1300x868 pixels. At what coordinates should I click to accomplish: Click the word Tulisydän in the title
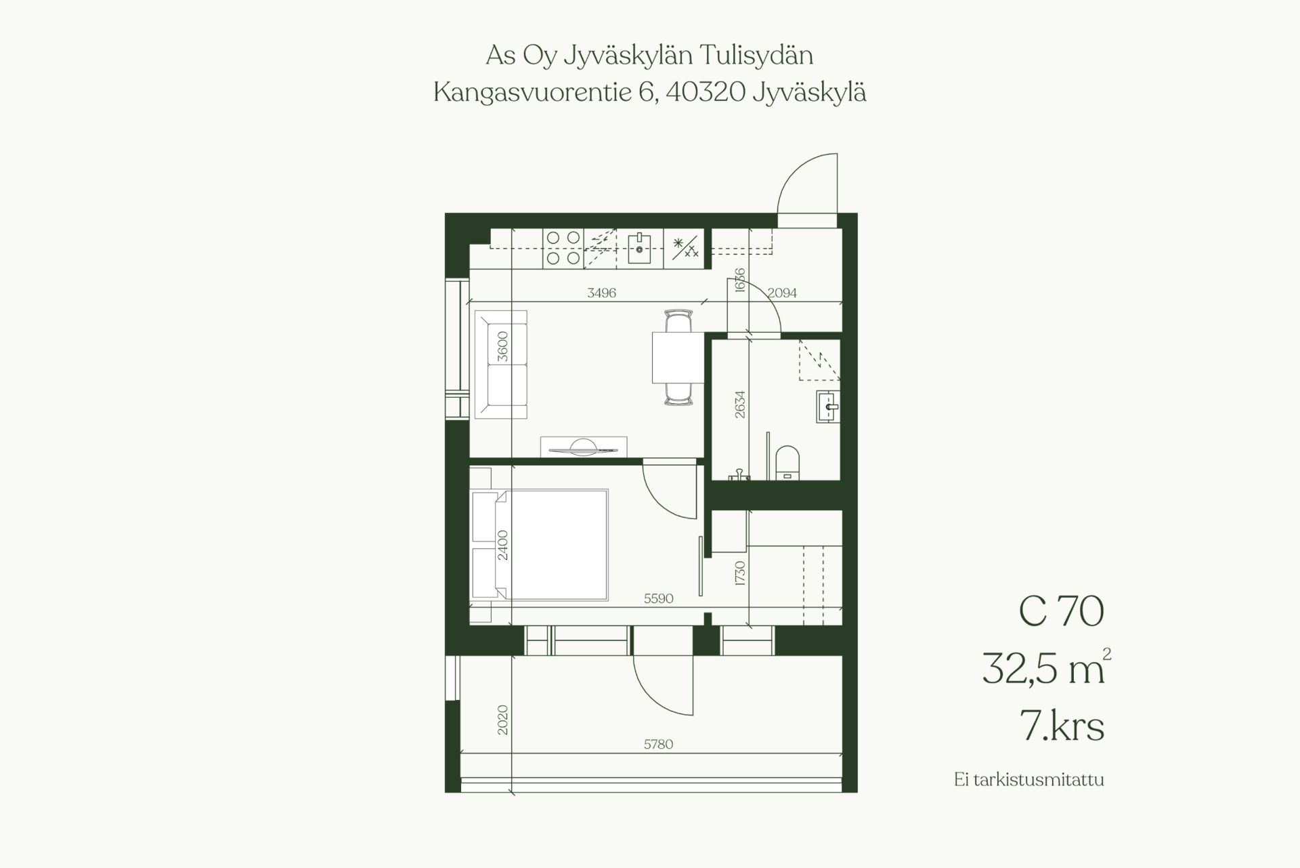[x=756, y=56]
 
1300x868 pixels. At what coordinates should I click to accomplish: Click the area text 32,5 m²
[x=1046, y=668]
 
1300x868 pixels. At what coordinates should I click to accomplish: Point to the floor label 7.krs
[x=1062, y=726]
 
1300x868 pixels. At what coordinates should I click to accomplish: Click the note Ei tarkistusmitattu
[x=1028, y=780]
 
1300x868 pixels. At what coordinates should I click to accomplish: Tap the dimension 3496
[x=601, y=293]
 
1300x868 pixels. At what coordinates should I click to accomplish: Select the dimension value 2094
[x=782, y=293]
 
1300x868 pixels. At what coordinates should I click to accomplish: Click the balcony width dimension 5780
[x=658, y=744]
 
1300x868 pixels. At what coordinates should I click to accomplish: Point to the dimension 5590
[x=658, y=598]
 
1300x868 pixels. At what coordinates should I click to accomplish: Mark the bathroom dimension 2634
[x=740, y=404]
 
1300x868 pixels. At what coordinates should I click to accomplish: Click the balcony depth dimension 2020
[x=502, y=720]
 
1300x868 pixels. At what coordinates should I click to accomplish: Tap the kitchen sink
[x=639, y=249]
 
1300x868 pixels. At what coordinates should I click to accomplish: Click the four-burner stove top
[x=563, y=247]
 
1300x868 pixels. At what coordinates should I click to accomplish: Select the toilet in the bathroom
[x=787, y=462]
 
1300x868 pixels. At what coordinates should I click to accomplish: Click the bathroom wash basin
[x=827, y=407]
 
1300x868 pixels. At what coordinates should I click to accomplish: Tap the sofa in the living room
[x=501, y=365]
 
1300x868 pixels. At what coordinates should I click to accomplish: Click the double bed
[x=540, y=545]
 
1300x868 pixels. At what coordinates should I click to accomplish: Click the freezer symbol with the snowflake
[x=684, y=247]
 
